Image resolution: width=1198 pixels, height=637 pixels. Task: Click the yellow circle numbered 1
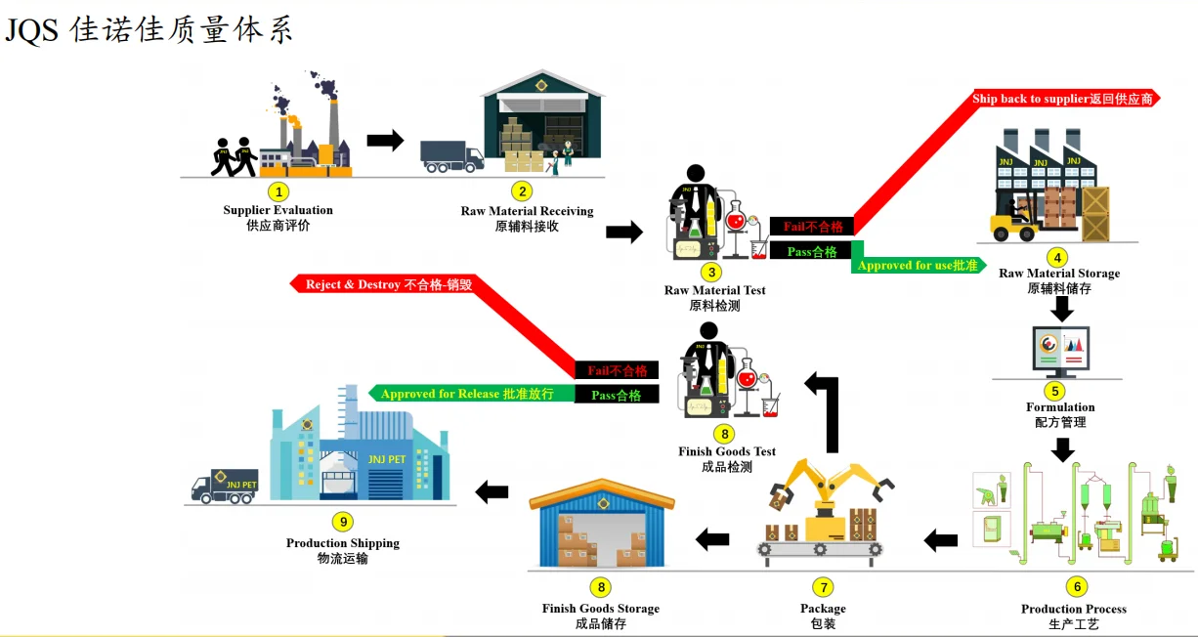coord(278,191)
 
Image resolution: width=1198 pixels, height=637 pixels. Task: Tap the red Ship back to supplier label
coord(1062,99)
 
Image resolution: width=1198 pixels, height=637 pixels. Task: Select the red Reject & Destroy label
coord(389,284)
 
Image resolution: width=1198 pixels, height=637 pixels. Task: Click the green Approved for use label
coord(918,265)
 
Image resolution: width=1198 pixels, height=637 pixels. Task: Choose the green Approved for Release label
coord(467,394)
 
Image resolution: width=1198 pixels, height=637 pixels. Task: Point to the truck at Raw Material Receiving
coord(451,156)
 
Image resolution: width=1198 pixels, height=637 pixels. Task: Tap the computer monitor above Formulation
coord(1061,350)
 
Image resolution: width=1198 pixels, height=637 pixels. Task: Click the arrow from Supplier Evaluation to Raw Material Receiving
coord(385,141)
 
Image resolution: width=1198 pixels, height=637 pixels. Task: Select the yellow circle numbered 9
coord(342,522)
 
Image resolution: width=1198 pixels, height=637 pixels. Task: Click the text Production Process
coord(1074,609)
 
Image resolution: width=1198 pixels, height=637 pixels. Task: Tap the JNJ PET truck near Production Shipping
coord(224,486)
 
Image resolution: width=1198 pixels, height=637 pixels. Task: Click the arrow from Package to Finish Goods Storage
coord(712,537)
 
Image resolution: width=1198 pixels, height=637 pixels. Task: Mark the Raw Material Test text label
coord(715,290)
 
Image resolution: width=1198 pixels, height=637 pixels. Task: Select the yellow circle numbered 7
coord(823,587)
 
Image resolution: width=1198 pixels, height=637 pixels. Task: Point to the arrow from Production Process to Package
coord(941,538)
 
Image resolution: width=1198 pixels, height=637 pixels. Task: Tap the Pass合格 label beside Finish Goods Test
coord(617,395)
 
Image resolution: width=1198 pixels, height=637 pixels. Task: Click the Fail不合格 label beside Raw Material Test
coord(812,227)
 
